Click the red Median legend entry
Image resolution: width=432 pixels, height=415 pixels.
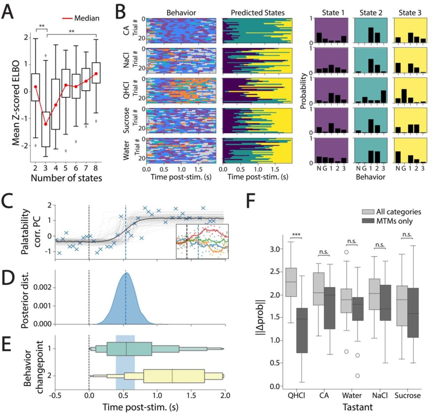pos(81,18)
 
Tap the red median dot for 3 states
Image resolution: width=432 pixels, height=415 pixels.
pos(46,124)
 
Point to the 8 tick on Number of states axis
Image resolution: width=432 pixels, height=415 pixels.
pos(96,168)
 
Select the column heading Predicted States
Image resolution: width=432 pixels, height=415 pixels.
pos(258,13)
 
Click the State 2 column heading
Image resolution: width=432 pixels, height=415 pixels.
pos(371,13)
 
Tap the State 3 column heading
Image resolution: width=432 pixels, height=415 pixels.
pos(410,13)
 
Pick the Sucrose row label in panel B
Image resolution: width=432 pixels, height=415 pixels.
pos(127,120)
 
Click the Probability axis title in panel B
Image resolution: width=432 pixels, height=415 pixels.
pos(303,91)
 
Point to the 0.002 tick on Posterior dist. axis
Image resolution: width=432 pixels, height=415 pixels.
pos(43,288)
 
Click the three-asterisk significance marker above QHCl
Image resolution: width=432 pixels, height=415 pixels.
pos(296,235)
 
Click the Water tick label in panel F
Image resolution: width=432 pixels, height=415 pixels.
pos(352,395)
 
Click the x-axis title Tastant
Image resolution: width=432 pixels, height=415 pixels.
pos(357,407)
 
